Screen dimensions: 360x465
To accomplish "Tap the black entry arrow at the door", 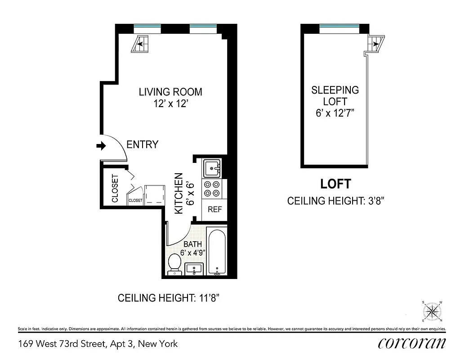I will coord(101,145).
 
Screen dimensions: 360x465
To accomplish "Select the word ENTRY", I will coord(143,144).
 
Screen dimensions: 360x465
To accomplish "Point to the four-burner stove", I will coord(212,189).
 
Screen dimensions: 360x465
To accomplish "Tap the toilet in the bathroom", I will coord(174,264).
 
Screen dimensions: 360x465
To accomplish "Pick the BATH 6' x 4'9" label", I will coord(192,248).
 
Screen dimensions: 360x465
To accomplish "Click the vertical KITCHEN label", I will coord(179,193).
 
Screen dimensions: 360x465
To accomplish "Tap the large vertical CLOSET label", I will coord(115,188).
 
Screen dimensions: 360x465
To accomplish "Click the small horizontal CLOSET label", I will coord(135,200).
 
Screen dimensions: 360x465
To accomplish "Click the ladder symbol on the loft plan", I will coord(374,44).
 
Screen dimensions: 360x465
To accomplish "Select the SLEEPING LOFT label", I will coord(335,101).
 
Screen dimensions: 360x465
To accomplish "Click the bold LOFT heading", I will coord(335,184).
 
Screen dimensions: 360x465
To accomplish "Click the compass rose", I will coord(433,311).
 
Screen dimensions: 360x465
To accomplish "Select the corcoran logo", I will coord(412,343).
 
